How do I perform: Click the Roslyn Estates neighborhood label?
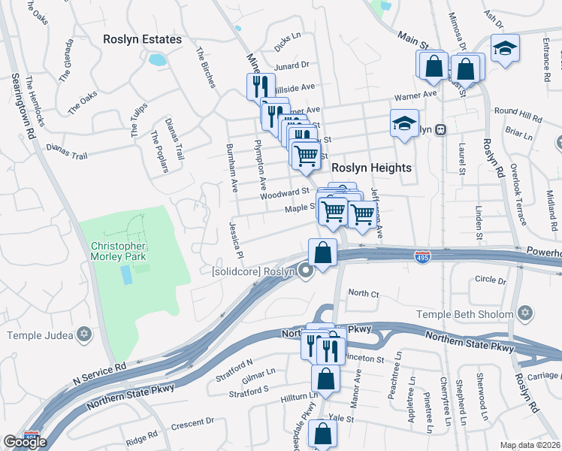(x=142, y=38)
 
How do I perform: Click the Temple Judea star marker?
(x=84, y=333)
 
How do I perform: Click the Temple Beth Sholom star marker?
(x=524, y=312)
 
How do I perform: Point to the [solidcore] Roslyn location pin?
(x=305, y=271)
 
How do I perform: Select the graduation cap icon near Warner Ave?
(x=404, y=122)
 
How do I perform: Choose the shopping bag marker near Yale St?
(x=322, y=433)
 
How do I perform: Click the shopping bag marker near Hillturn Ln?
(x=326, y=379)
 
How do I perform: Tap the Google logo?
(x=25, y=441)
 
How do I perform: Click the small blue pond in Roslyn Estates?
(x=158, y=59)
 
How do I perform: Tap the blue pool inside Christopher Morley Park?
(x=127, y=275)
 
